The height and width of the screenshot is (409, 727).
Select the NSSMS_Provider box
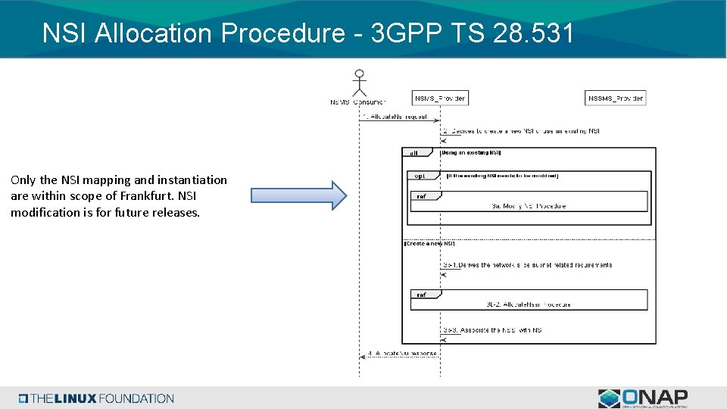click(615, 98)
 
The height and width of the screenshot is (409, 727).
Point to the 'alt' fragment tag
click(414, 153)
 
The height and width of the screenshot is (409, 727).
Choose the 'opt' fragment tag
click(420, 176)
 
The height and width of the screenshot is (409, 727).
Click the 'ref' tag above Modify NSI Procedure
click(421, 196)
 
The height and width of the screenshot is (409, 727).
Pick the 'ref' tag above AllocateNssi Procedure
click(421, 295)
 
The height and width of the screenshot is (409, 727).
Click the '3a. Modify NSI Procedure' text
click(529, 206)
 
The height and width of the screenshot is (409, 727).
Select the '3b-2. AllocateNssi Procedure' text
click(529, 304)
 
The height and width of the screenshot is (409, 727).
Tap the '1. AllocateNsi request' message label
click(395, 117)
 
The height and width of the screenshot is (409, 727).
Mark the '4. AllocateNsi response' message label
click(402, 353)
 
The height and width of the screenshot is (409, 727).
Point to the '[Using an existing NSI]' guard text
click(470, 153)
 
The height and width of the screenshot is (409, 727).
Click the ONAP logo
click(644, 398)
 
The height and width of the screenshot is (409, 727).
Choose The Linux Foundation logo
click(97, 398)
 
